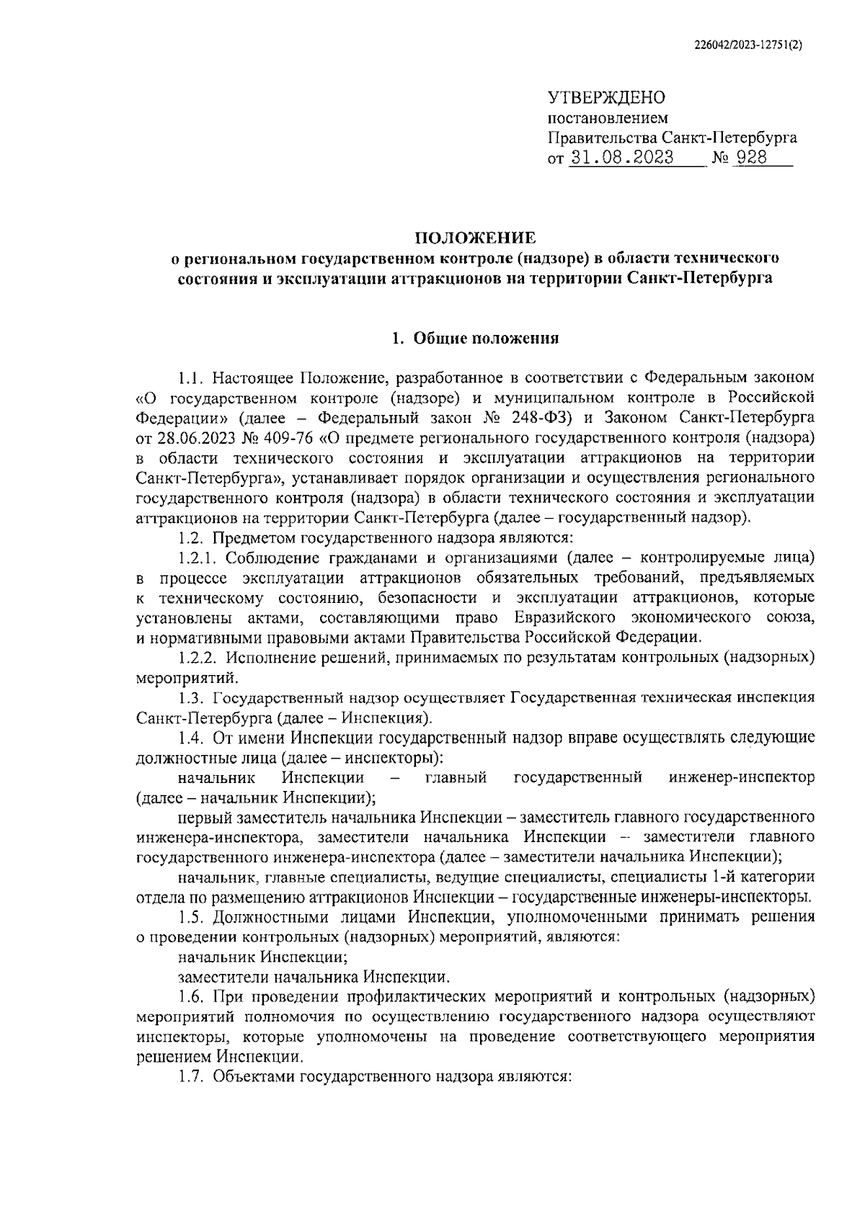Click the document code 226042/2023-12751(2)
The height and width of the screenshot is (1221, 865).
[x=748, y=45]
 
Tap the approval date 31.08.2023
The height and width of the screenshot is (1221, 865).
[x=621, y=158]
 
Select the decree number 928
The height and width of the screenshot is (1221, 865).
[x=752, y=158]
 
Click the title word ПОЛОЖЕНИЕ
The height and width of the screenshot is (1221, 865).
[x=474, y=237]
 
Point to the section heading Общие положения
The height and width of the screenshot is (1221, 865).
[x=486, y=339]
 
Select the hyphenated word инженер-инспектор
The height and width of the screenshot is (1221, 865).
[x=742, y=777]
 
